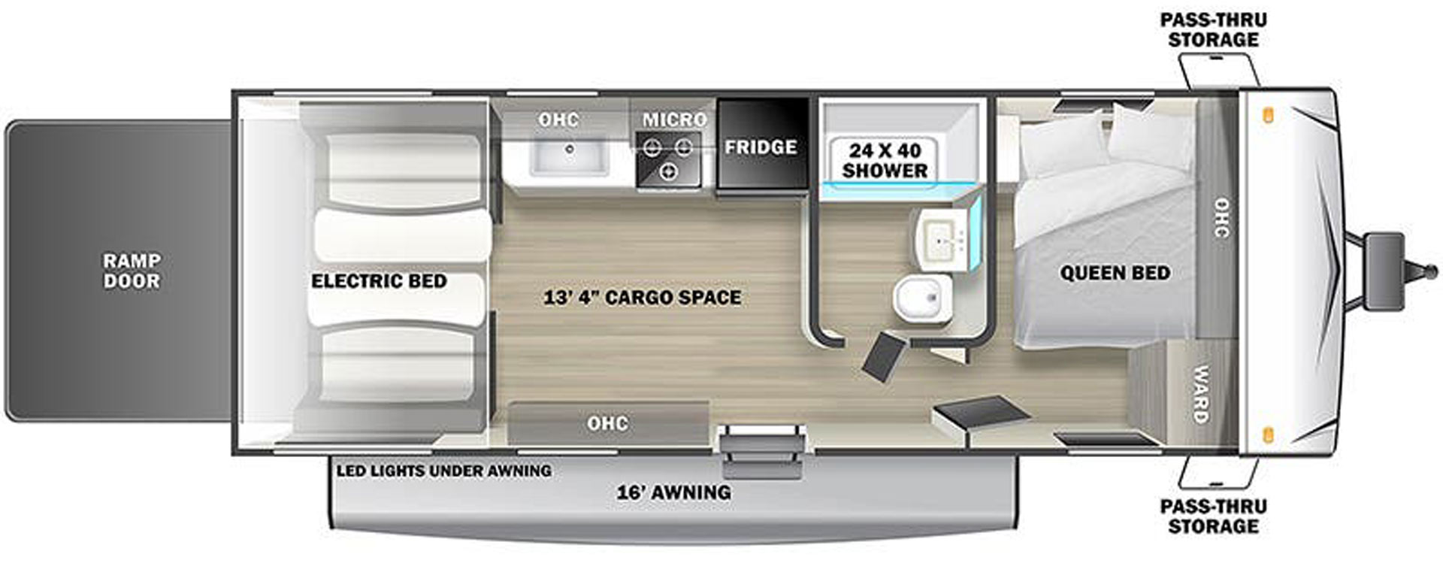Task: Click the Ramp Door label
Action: coord(132,271)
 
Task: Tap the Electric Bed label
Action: coord(379,281)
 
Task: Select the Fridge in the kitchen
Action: coord(761,144)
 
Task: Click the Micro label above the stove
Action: coord(674,120)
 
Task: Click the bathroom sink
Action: coord(943,239)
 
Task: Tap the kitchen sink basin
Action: coord(569,156)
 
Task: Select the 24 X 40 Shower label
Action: coord(885,159)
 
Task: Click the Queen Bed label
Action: coord(1115,273)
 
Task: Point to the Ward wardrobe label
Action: coord(1200,394)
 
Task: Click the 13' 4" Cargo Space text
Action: coord(642,298)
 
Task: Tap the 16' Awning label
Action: coord(673,492)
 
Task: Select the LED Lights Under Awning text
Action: coord(443,471)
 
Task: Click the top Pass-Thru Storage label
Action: coord(1213,30)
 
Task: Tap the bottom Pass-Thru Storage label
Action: coord(1213,516)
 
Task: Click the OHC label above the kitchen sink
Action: coord(558,120)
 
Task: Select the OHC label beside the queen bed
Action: coord(1221,218)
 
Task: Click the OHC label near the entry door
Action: coord(607,423)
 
